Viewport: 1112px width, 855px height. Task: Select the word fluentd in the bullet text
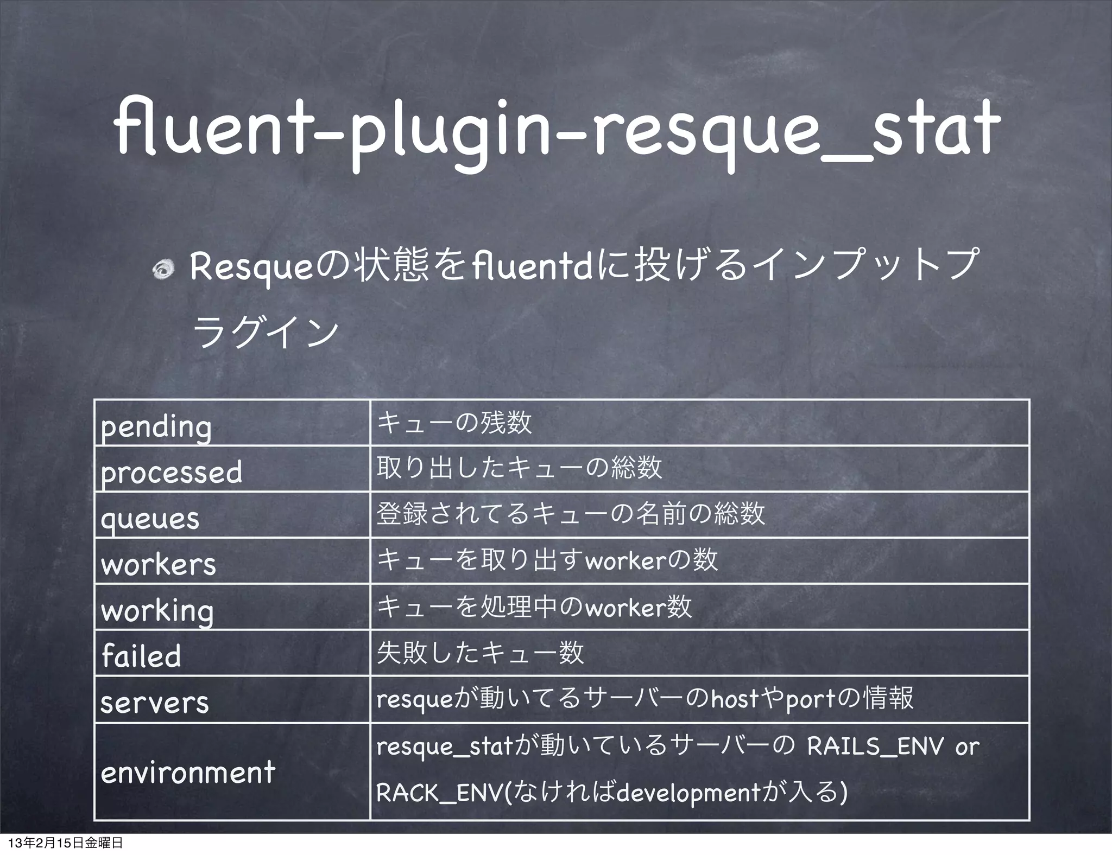pos(532,267)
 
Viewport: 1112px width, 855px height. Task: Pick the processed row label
pos(172,473)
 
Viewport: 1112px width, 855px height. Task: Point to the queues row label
pos(150,519)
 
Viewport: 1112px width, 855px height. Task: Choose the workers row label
pos(159,564)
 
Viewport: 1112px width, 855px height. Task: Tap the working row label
pos(157,611)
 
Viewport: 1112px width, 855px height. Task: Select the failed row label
pos(141,656)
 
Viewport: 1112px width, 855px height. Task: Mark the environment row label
pos(188,771)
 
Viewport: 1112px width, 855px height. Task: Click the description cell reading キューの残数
pos(454,423)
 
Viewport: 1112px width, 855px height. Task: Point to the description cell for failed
pos(480,653)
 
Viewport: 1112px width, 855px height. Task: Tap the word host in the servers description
pos(734,699)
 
